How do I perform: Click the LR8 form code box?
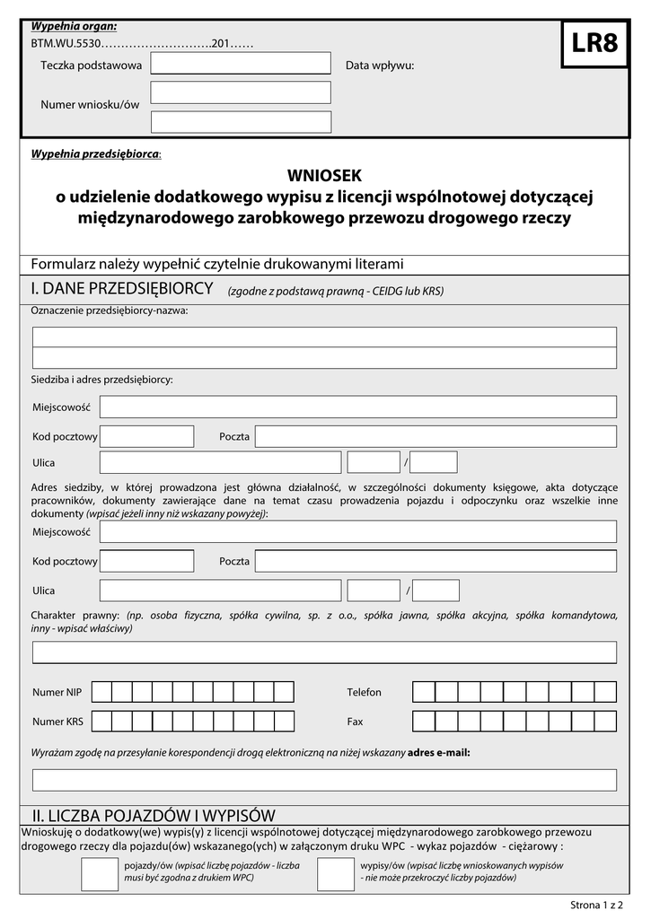[x=594, y=44]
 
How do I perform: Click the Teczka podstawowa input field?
[x=241, y=64]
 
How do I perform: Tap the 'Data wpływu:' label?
[x=380, y=66]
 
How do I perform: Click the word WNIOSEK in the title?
[x=323, y=176]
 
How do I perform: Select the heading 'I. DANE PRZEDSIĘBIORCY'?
[x=122, y=288]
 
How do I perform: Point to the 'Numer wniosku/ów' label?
[x=90, y=105]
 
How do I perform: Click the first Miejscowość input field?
[x=357, y=407]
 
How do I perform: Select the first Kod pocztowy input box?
[x=146, y=436]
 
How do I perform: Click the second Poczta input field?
[x=435, y=561]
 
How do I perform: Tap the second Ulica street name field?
[x=220, y=591]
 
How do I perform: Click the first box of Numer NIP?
[x=101, y=692]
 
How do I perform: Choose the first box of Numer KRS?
[x=101, y=721]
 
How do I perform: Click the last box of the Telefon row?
[x=606, y=692]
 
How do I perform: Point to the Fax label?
[x=355, y=722]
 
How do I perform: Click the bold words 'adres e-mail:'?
[x=439, y=752]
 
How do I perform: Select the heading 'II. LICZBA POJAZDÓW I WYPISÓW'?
[x=154, y=815]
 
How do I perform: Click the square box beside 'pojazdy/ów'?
[x=99, y=875]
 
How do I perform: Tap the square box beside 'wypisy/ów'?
[x=336, y=875]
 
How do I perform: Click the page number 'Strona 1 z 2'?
[x=597, y=905]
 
